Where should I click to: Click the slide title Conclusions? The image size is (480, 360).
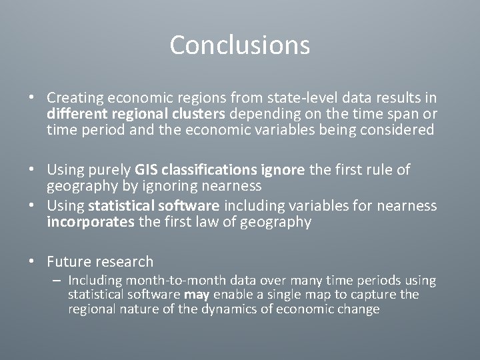click(239, 45)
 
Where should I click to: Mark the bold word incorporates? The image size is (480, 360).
click(90, 222)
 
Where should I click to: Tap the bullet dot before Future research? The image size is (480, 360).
click(32, 262)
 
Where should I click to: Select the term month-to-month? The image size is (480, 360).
click(165, 281)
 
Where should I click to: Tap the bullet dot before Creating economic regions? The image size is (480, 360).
click(32, 97)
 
